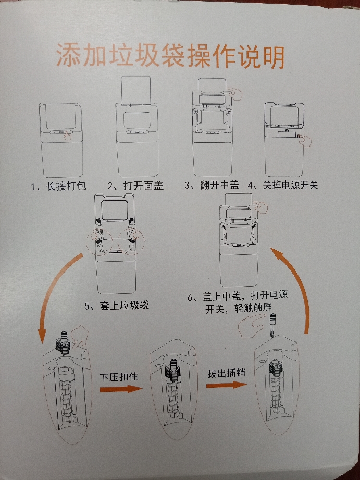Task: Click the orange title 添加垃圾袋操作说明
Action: [x=170, y=57]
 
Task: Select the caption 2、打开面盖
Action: [x=135, y=186]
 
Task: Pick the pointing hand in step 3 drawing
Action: [x=238, y=94]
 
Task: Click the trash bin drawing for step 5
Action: [x=116, y=245]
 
